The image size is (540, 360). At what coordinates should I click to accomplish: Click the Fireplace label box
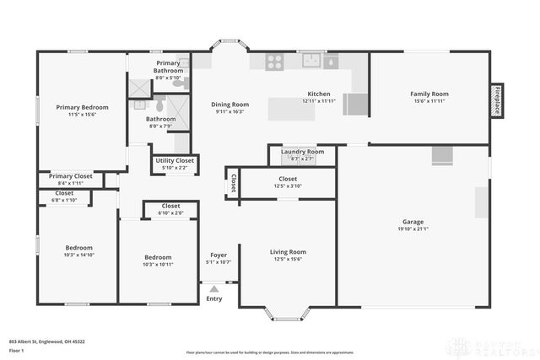pyautogui.click(x=498, y=99)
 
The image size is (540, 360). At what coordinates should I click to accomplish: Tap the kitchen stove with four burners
pyautogui.click(x=275, y=61)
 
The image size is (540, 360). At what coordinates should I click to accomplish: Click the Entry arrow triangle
pyautogui.click(x=214, y=289)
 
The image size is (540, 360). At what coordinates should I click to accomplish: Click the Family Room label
pyautogui.click(x=429, y=94)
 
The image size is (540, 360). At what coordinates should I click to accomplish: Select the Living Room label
pyautogui.click(x=288, y=251)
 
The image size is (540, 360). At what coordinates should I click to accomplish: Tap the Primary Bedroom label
pyautogui.click(x=82, y=107)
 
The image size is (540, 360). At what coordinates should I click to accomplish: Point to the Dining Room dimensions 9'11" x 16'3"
pyautogui.click(x=229, y=111)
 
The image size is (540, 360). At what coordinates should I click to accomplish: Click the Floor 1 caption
pyautogui.click(x=16, y=350)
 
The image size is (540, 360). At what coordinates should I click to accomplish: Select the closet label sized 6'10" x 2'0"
pyautogui.click(x=170, y=206)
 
